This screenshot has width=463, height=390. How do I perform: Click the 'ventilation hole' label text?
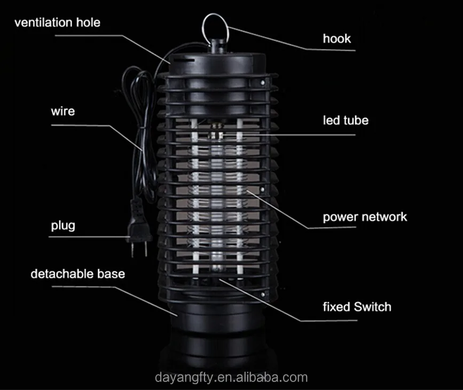coord(57,22)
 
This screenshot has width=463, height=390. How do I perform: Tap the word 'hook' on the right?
coord(337,38)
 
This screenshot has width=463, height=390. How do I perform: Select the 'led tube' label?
coord(346,121)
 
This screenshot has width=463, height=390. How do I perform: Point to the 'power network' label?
coord(365,217)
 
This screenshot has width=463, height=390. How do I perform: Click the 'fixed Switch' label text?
coord(357,307)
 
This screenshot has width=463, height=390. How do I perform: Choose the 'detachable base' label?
coord(78,274)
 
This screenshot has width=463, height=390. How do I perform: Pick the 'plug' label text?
coord(63,225)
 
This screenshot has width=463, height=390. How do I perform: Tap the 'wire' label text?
coord(63,112)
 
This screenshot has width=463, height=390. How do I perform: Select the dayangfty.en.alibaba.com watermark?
coord(231,378)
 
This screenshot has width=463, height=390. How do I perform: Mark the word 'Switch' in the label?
coord(372,307)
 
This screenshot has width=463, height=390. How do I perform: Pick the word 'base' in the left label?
coord(112,274)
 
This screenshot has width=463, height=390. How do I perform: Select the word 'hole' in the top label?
coord(89,22)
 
